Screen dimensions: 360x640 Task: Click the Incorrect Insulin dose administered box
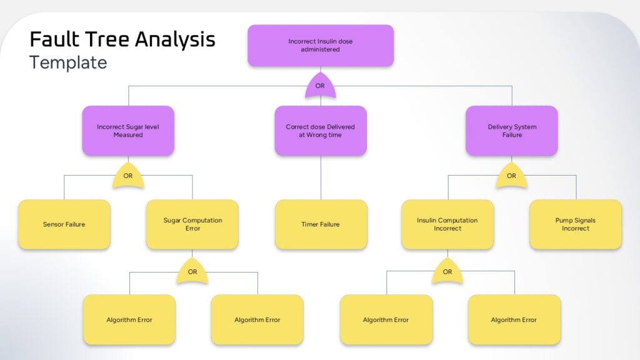(321, 45)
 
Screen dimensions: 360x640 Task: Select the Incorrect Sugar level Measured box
(128, 131)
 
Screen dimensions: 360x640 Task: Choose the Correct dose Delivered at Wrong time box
(321, 131)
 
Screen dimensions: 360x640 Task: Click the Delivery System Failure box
(512, 131)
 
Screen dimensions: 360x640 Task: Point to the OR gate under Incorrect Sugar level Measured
(128, 177)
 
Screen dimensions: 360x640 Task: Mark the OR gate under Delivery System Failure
(511, 177)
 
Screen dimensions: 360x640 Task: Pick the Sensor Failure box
(64, 224)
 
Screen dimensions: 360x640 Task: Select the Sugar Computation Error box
(192, 224)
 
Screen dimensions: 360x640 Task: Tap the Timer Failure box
(321, 224)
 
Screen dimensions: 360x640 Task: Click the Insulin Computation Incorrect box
(447, 224)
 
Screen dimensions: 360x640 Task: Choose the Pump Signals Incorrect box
(576, 224)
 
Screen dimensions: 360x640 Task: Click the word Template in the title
(68, 62)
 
